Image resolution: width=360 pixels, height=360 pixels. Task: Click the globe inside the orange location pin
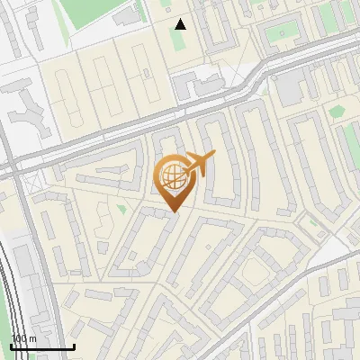(x=172, y=175)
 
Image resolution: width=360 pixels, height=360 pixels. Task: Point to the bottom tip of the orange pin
(x=173, y=211)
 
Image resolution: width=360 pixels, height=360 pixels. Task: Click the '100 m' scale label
(x=23, y=338)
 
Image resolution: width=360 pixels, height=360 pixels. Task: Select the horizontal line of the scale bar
(x=42, y=346)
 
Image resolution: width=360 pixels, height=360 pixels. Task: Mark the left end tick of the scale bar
(x=12, y=345)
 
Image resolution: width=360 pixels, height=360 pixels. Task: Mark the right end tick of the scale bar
(x=73, y=345)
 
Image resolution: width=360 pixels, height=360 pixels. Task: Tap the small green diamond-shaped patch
(x=337, y=112)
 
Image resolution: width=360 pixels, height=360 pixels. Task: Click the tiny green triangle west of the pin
(x=121, y=209)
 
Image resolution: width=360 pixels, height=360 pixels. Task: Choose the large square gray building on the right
(x=290, y=85)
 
